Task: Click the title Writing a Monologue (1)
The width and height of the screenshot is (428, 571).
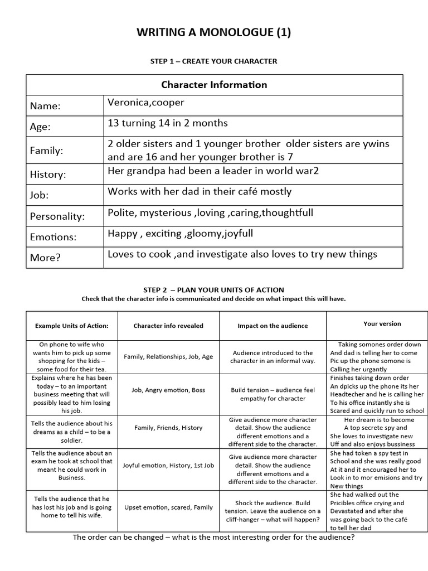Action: tap(214, 33)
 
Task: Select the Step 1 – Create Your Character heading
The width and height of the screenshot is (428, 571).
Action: tap(214, 61)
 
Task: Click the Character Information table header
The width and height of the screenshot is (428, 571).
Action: tap(214, 85)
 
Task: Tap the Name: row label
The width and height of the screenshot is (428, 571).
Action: tap(45, 106)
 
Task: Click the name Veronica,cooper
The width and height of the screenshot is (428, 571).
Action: tap(145, 103)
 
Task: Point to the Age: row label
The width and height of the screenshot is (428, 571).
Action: tap(40, 127)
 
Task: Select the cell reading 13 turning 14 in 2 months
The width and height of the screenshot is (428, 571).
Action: tap(167, 123)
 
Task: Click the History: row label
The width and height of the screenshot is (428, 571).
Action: tap(48, 175)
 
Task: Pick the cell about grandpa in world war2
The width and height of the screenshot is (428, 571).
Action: tap(213, 171)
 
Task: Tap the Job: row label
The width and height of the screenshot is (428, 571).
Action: tap(40, 195)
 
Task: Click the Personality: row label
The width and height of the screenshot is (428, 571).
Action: tap(57, 216)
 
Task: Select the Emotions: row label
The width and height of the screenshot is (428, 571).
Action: tap(53, 237)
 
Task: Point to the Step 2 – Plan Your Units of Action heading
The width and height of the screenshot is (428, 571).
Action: tap(214, 290)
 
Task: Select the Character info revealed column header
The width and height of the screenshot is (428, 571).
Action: tap(168, 326)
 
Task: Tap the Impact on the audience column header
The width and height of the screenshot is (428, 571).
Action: tap(273, 326)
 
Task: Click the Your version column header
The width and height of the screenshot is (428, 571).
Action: tap(382, 323)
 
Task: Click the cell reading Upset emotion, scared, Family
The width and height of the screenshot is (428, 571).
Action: tap(168, 507)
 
